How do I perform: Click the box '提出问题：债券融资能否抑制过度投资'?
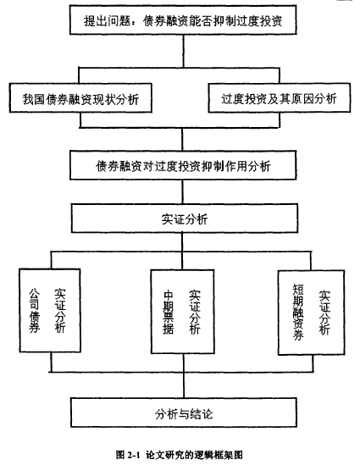[183, 19]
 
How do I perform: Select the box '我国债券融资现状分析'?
[80, 98]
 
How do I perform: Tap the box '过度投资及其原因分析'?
[279, 98]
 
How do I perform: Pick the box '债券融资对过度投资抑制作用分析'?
[183, 165]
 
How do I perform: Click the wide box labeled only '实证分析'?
[185, 218]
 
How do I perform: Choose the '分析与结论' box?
[184, 412]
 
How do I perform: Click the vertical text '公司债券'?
[34, 311]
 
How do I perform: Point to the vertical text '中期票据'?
[168, 313]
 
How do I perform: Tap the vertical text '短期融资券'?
[298, 312]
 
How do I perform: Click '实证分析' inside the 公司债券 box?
[60, 311]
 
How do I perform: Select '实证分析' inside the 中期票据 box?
[195, 313]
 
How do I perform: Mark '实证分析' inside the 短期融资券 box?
[324, 313]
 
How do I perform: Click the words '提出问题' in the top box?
[107, 20]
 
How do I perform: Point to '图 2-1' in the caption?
[128, 455]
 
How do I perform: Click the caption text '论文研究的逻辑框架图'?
[195, 455]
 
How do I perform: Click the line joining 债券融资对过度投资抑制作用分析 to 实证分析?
[182, 191]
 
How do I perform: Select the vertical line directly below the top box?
[183, 51]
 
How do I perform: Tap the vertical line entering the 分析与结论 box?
[184, 385]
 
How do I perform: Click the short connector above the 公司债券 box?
[51, 260]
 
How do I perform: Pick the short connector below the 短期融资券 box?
[313, 363]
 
